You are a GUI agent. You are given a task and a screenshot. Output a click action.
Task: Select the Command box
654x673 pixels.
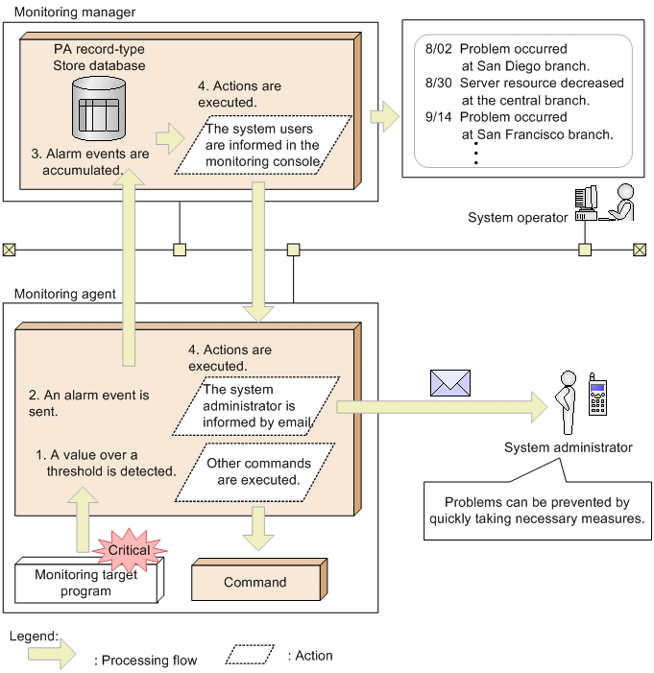click(255, 582)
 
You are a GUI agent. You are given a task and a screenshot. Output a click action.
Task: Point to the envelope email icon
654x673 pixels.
click(449, 382)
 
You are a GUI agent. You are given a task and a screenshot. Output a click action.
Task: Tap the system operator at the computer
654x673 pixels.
click(605, 204)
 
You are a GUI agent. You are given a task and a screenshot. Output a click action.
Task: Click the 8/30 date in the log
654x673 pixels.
click(438, 84)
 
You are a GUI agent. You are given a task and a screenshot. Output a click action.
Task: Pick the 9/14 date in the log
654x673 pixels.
click(438, 117)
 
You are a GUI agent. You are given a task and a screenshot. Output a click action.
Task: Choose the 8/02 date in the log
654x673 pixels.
click(438, 49)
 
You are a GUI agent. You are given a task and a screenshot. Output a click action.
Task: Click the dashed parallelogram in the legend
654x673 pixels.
click(251, 655)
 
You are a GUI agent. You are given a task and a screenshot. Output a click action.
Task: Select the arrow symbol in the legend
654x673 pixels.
click(52, 657)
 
